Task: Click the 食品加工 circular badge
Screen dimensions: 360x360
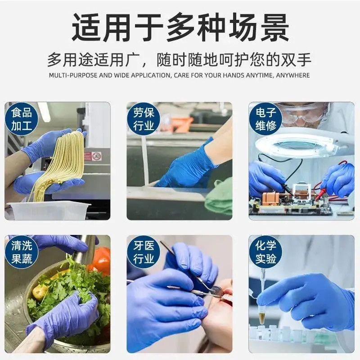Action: pos(22,119)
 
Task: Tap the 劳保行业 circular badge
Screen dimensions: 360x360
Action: pos(144,119)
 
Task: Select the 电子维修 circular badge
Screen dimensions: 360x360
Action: pos(265,119)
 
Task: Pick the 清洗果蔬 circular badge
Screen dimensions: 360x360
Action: pos(22,252)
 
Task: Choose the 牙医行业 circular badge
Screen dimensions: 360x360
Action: pos(144,252)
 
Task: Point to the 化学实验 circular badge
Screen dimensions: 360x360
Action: pos(265,252)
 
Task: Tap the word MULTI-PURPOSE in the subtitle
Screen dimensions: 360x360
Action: pos(73,75)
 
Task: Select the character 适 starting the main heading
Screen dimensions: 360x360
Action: pos(86,27)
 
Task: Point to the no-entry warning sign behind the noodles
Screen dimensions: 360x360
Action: pos(97,156)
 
